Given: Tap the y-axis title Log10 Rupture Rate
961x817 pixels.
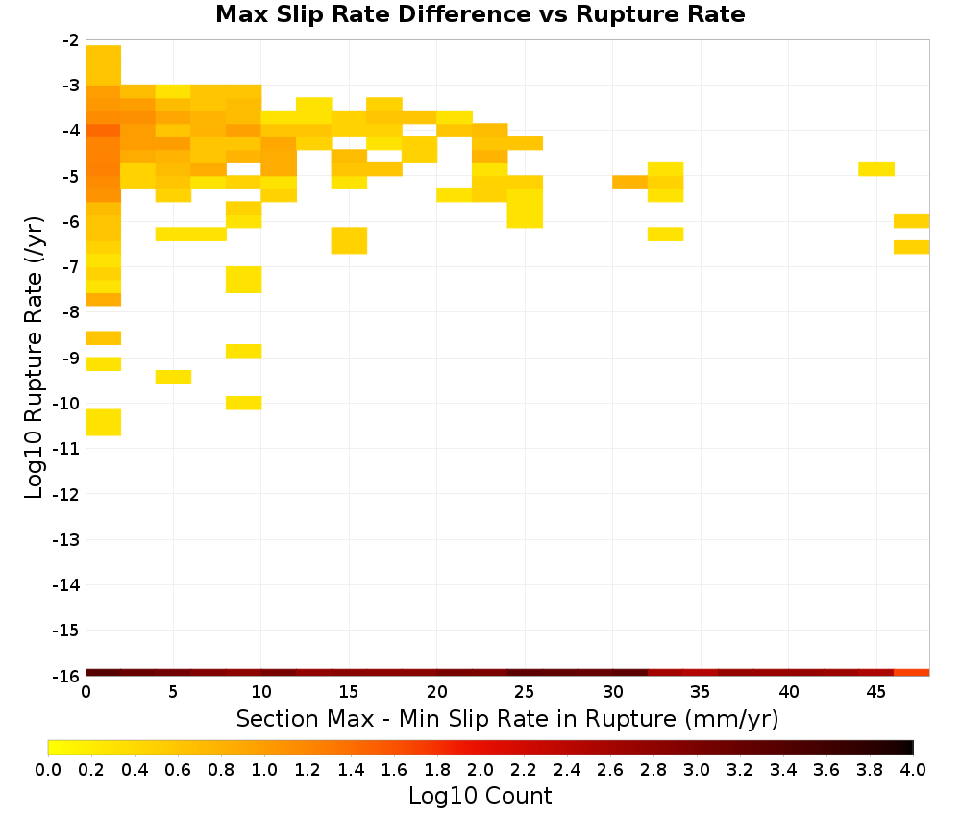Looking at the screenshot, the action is [x=35, y=358].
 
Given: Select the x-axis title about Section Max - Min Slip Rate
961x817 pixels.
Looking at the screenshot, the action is [x=507, y=718].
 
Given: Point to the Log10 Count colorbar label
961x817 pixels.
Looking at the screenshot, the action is [x=480, y=796].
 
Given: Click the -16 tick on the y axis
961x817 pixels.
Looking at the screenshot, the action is [x=65, y=676].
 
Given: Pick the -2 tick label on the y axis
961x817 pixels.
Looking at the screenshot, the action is [x=70, y=40].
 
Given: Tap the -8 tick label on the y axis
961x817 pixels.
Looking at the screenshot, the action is [x=70, y=312].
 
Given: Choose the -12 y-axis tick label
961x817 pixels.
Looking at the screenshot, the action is [x=65, y=494].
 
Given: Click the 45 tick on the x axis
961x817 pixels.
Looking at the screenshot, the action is [x=876, y=692].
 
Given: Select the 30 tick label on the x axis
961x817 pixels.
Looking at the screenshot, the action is [x=613, y=692].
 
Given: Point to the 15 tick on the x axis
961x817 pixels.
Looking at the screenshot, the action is [x=349, y=692].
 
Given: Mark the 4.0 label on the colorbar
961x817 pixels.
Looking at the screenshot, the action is [x=913, y=770].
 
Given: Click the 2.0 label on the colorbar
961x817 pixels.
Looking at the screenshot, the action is [x=480, y=770].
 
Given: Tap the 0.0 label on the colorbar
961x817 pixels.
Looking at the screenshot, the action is [x=48, y=770].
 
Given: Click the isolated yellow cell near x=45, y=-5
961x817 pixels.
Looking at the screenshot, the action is [x=876, y=169].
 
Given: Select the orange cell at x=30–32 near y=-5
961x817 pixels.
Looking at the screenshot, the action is [x=630, y=182].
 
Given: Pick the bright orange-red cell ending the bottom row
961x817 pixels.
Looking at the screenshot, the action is [x=911, y=673].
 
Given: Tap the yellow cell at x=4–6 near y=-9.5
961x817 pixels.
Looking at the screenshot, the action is [x=173, y=377].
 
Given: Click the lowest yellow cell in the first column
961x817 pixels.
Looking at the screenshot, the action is [x=104, y=422].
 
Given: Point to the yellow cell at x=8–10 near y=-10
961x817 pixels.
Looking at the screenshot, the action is [x=244, y=403].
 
